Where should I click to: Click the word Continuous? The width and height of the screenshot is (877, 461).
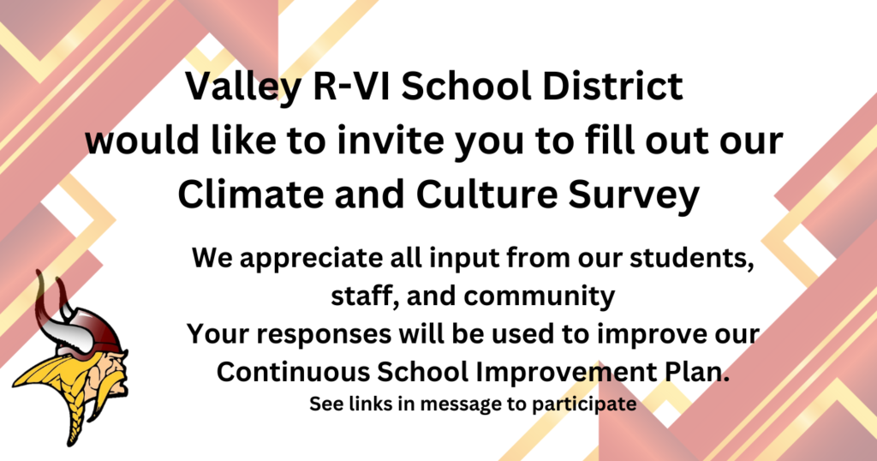[x=294, y=372]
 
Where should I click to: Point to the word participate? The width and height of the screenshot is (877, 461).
[x=584, y=404]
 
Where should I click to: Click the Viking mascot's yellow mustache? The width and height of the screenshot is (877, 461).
[x=117, y=386]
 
